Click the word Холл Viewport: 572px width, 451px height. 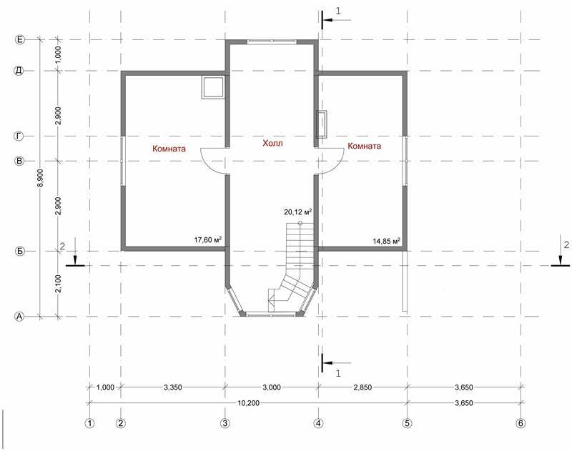(272, 143)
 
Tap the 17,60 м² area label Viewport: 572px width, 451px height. (208, 240)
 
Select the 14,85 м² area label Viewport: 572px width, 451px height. (387, 241)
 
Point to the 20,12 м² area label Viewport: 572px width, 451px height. (298, 212)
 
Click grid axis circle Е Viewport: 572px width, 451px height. (19, 39)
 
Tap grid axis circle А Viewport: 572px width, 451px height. (19, 317)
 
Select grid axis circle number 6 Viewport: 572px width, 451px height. (521, 423)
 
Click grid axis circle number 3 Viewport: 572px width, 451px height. (225, 423)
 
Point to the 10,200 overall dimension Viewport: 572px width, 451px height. (248, 403)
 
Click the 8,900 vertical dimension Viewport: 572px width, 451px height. (41, 178)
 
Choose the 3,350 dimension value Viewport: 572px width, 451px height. (172, 387)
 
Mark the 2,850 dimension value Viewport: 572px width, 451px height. (363, 387)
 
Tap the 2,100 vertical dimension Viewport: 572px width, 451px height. (59, 284)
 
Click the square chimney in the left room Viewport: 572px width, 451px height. (212, 87)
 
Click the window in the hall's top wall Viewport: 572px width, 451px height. (272, 42)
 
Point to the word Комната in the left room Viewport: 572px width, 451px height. (169, 149)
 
